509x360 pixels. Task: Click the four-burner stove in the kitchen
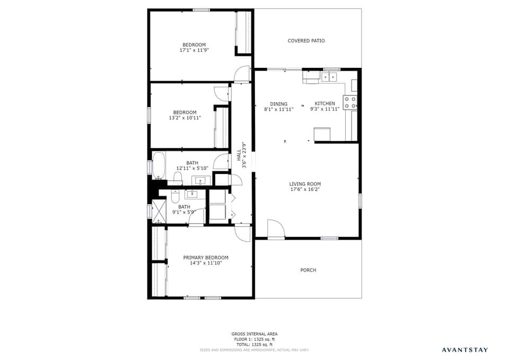tap(350, 102)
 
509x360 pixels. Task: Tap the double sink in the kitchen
tap(329, 77)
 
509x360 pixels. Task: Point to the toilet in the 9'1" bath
tap(175, 198)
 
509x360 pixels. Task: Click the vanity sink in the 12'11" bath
tap(201, 181)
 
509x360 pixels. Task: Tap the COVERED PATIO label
tap(306, 41)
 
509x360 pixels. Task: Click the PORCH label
tap(308, 270)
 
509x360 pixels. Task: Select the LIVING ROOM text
tap(305, 184)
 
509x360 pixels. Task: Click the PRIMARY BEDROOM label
tap(206, 258)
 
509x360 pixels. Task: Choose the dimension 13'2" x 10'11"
tap(185, 118)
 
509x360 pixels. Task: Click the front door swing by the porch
tap(275, 229)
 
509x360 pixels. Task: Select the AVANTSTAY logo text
tap(464, 350)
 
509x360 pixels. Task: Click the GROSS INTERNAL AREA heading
tap(254, 334)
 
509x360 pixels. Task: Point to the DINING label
tap(278, 104)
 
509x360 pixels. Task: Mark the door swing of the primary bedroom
tap(243, 233)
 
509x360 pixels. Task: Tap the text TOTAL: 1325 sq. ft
tap(254, 345)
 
